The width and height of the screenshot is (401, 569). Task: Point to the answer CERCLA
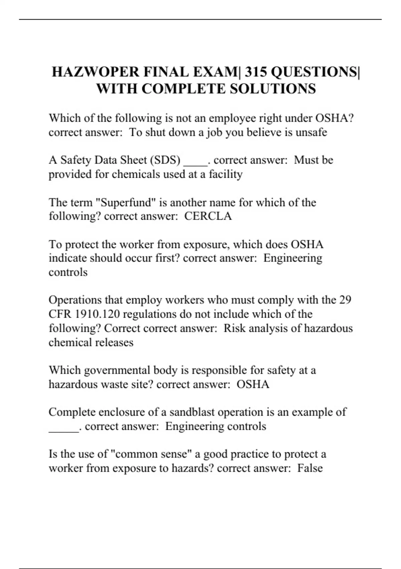208,216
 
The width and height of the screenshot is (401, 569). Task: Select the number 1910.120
93,314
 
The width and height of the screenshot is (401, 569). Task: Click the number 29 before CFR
345,300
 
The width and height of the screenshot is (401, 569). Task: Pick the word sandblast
192,412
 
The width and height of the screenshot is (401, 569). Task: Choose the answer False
310,468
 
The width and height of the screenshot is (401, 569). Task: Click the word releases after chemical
114,342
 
